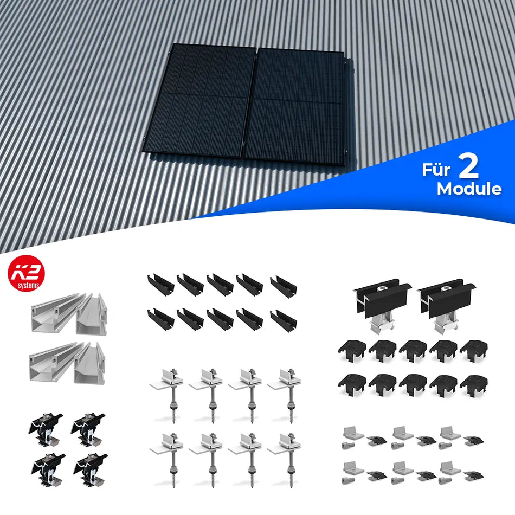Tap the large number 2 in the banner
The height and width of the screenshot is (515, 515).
[467, 169]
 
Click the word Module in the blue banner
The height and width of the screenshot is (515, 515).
[469, 189]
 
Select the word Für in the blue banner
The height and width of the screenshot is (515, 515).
[436, 170]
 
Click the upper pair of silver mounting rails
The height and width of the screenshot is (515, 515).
[68, 314]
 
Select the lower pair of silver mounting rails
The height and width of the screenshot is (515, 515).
[68, 362]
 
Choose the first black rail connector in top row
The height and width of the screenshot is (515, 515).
[160, 285]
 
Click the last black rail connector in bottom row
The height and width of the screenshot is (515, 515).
[283, 320]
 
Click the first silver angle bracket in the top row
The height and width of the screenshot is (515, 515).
[351, 433]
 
